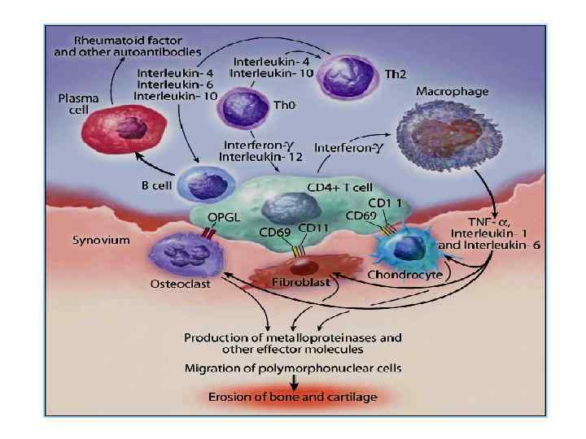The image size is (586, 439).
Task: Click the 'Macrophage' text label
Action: coord(453,92)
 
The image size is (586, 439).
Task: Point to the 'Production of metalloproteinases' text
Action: coord(292,337)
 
